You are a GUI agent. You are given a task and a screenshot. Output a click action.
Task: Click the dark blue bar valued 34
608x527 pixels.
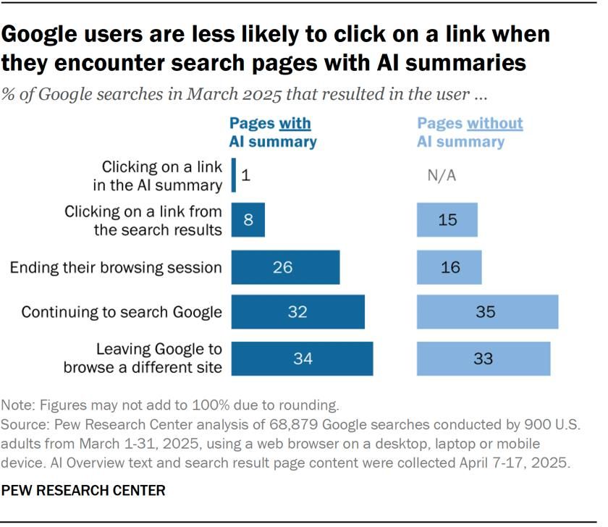click(x=302, y=358)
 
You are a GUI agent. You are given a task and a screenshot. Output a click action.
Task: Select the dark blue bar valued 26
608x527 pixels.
click(x=285, y=267)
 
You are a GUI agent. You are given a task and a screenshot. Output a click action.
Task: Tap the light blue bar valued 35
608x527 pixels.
click(x=487, y=312)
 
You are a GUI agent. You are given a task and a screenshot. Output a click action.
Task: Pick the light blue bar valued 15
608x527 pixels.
click(x=447, y=219)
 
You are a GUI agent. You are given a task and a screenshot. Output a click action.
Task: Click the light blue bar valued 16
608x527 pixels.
click(x=449, y=267)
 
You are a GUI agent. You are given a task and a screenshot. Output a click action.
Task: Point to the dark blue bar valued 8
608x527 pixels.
click(x=248, y=219)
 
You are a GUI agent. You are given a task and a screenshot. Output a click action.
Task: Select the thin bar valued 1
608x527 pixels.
click(x=234, y=176)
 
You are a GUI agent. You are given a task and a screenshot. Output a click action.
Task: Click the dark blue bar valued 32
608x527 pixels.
click(x=297, y=312)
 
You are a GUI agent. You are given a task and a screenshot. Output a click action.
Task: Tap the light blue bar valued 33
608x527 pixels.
click(x=483, y=358)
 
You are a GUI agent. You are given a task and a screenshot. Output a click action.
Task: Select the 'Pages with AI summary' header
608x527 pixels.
click(x=274, y=132)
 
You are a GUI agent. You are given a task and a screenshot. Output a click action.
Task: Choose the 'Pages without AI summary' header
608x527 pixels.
click(x=469, y=132)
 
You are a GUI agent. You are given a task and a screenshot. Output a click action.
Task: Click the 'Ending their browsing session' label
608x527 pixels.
click(x=116, y=268)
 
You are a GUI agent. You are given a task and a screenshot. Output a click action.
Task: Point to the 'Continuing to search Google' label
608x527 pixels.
click(x=122, y=313)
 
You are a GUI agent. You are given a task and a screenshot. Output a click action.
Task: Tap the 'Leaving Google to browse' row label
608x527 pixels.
click(x=143, y=358)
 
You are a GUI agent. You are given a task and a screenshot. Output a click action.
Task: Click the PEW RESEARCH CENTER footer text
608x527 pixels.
click(x=83, y=491)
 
